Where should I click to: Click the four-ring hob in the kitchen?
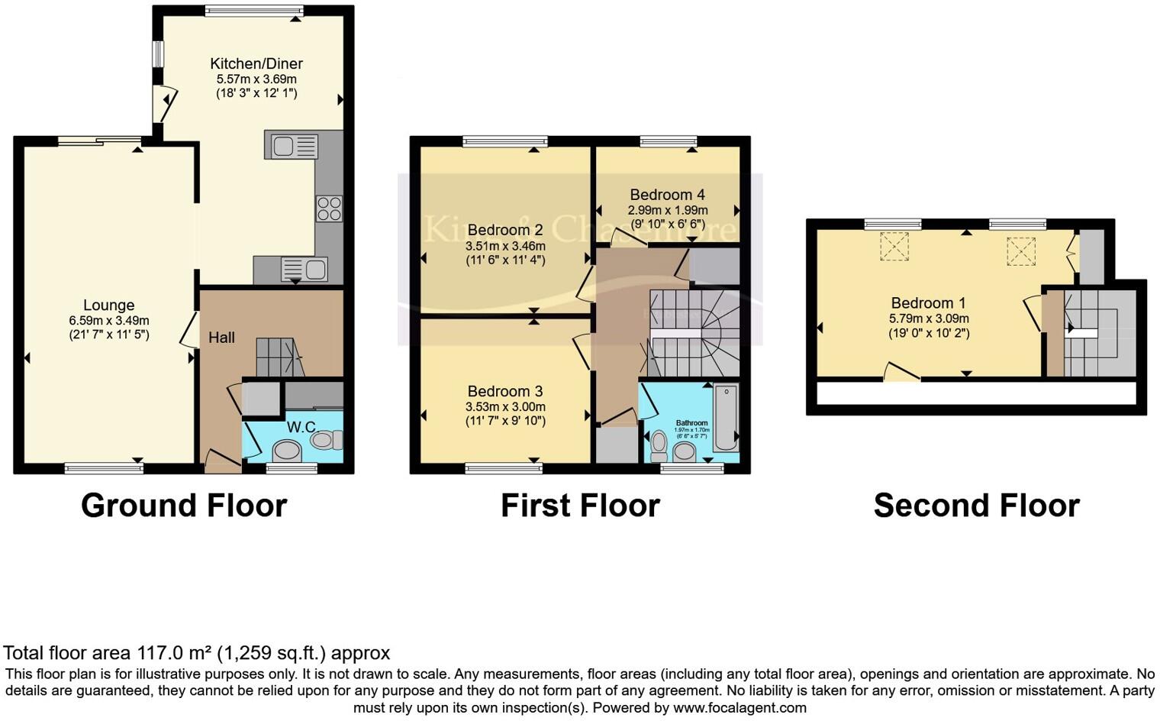[x=330, y=209]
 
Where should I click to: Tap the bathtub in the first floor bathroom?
[x=726, y=419]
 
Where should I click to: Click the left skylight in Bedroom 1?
[x=894, y=247]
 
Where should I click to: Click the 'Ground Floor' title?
[x=184, y=506]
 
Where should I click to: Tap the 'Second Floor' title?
[x=976, y=506]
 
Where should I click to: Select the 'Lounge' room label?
[x=109, y=306]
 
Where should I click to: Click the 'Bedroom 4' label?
[x=667, y=195]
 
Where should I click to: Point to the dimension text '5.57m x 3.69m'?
[x=256, y=79]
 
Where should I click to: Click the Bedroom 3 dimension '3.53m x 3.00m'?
[x=505, y=407]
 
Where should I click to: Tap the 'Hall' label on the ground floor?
[x=221, y=338]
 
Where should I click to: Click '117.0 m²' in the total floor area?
[x=174, y=653]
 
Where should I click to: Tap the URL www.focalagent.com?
[x=739, y=707]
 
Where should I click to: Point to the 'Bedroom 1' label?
[x=922, y=303]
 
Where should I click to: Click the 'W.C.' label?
[x=301, y=427]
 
